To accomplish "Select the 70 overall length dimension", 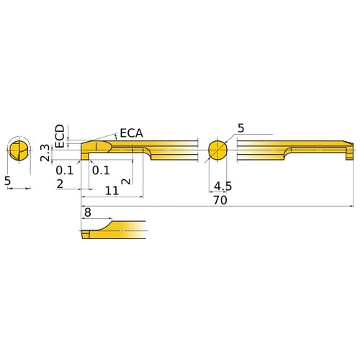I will (220, 201).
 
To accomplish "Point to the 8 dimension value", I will (87, 213).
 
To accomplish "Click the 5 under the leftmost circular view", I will (8, 182).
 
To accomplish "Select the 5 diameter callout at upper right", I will (241, 128).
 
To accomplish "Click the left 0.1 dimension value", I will (65, 170).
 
